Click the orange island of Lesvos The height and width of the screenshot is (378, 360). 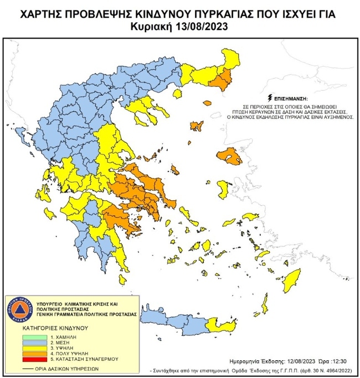pyautogui.click(x=230, y=157)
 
